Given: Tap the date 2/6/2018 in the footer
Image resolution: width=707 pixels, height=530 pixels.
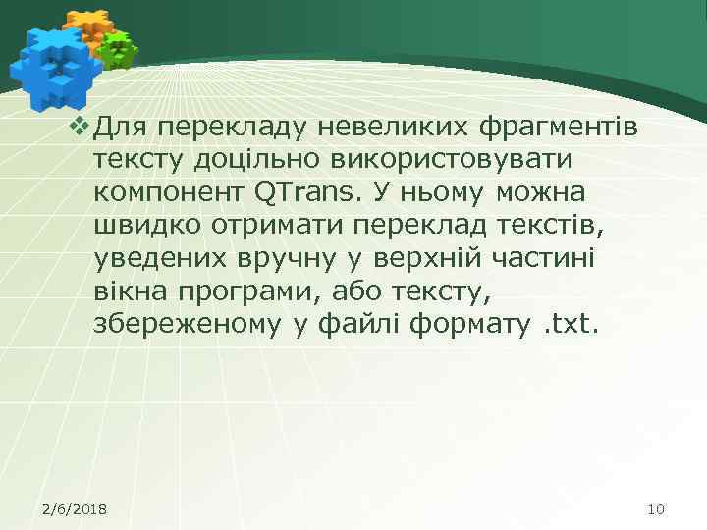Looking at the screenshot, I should [x=76, y=508].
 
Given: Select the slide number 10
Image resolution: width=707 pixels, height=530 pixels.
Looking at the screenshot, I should [x=657, y=508].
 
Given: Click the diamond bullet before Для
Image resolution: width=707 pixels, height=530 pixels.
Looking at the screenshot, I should [x=82, y=126].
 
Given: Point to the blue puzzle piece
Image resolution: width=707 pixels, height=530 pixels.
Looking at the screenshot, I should [x=54, y=67].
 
